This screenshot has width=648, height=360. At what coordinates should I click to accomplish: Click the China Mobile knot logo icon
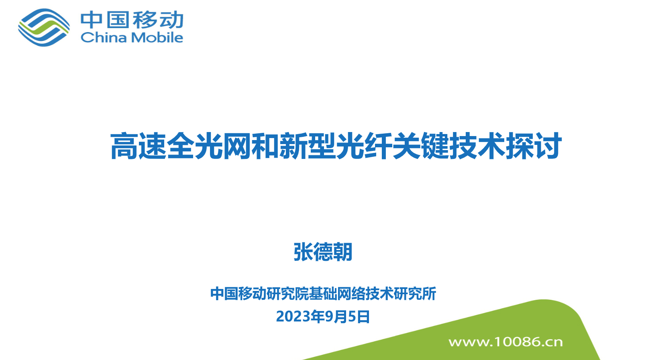44,27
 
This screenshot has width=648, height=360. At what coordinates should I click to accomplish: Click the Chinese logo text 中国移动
132,20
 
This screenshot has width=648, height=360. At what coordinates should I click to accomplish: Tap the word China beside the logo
104,37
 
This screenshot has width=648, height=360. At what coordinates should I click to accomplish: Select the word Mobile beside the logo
157,37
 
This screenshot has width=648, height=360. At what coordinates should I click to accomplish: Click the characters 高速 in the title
138,146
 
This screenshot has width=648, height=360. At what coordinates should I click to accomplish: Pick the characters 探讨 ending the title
534,146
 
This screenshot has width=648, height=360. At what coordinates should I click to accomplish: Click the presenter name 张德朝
323,252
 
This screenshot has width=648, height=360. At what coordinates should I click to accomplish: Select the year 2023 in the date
293,317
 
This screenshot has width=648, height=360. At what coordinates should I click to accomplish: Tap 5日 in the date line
359,317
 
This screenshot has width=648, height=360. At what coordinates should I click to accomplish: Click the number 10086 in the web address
518,342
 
